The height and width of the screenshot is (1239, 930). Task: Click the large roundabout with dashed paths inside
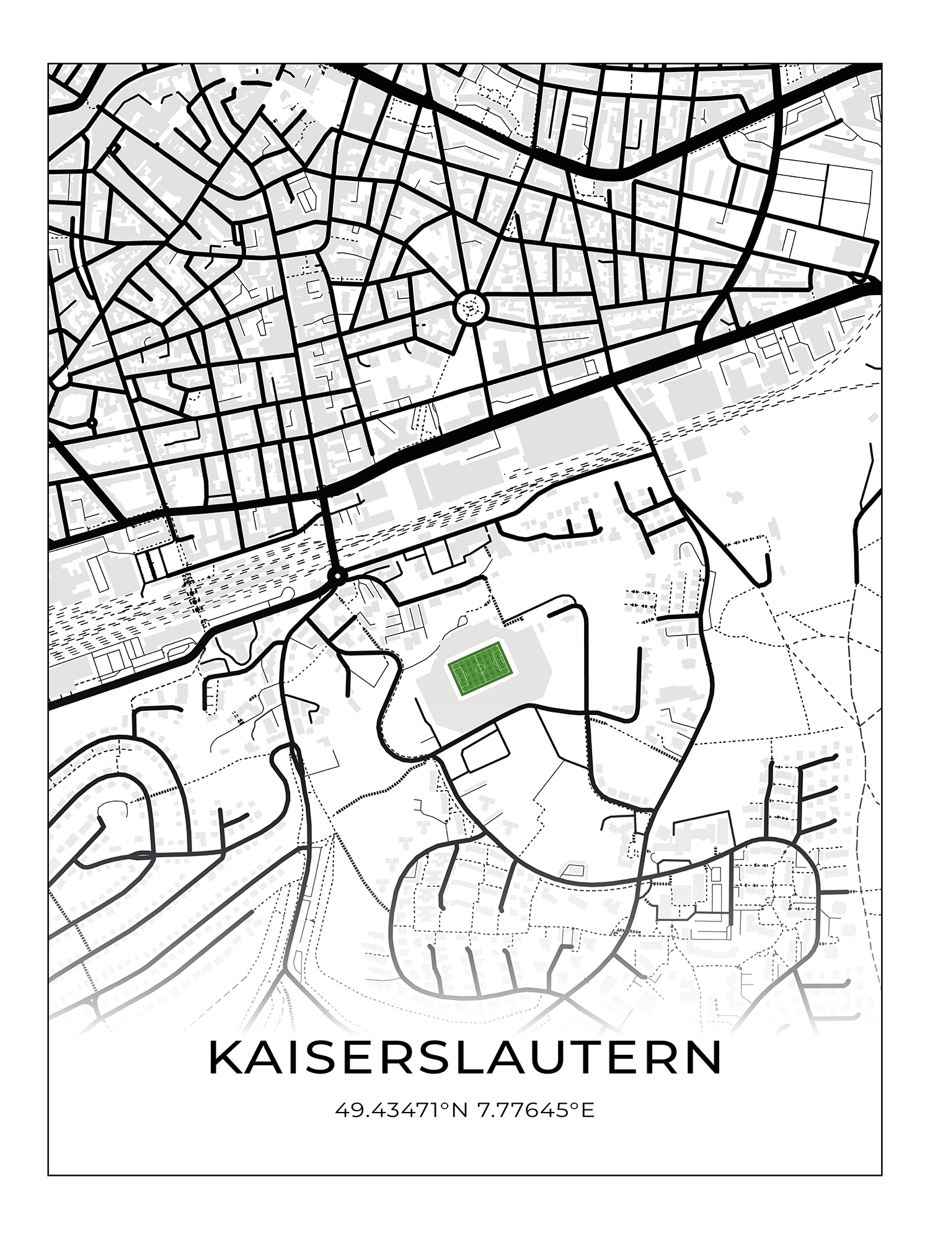tap(471, 306)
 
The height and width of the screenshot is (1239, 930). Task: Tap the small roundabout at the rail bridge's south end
tap(337, 577)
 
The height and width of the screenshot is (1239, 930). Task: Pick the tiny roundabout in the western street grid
tap(92, 423)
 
